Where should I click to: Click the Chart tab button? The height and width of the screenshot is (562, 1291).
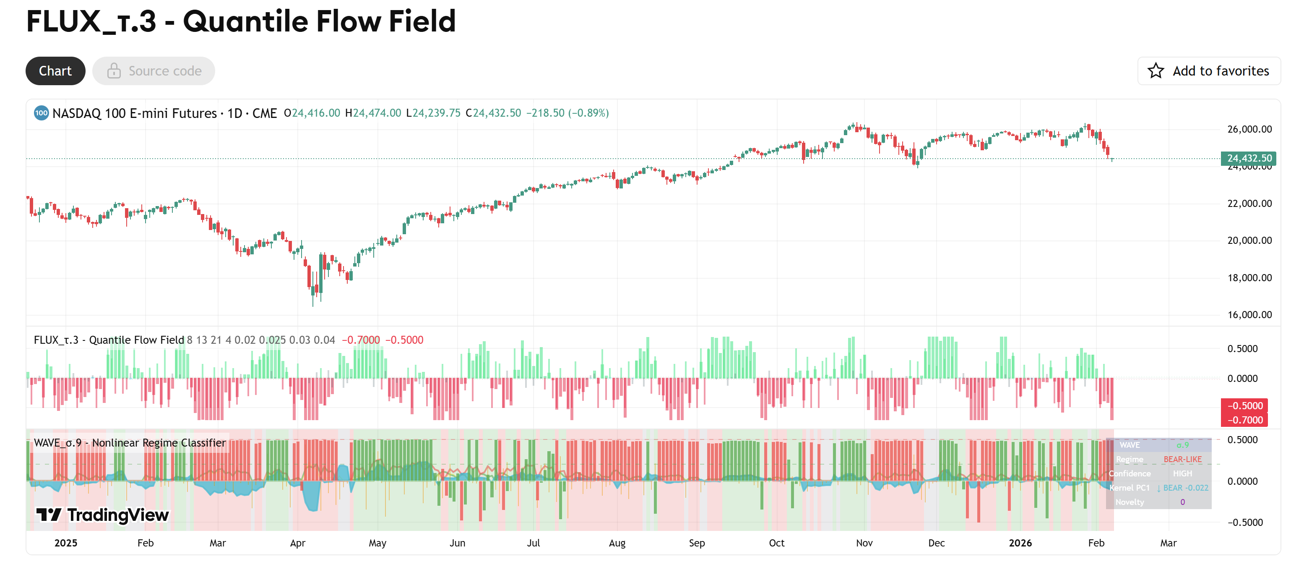pyautogui.click(x=55, y=71)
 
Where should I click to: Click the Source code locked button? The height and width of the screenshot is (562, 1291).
pyautogui.click(x=154, y=71)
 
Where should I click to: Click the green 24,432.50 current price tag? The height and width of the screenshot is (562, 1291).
pyautogui.click(x=1248, y=158)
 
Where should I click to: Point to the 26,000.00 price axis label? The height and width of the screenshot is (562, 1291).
pyautogui.click(x=1249, y=129)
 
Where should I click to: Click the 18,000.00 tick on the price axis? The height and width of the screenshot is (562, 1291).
pyautogui.click(x=1249, y=278)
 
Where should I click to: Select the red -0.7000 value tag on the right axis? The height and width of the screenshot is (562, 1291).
pyautogui.click(x=1244, y=420)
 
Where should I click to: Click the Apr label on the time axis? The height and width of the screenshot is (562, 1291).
pyautogui.click(x=297, y=543)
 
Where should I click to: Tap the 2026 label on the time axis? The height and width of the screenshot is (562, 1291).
pyautogui.click(x=1020, y=543)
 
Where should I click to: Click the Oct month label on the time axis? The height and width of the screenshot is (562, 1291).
pyautogui.click(x=776, y=543)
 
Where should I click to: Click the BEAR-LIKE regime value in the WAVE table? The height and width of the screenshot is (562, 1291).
pyautogui.click(x=1182, y=459)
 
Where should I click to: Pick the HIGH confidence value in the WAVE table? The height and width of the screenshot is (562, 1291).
pyautogui.click(x=1182, y=473)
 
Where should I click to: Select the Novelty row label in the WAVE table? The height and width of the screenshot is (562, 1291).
pyautogui.click(x=1129, y=502)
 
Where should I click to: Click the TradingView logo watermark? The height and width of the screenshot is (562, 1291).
pyautogui.click(x=103, y=515)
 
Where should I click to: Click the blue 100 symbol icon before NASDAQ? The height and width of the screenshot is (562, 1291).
pyautogui.click(x=41, y=113)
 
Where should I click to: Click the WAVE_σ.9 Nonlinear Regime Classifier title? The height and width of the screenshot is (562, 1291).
pyautogui.click(x=129, y=443)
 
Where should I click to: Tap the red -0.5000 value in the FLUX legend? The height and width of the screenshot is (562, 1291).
pyautogui.click(x=404, y=340)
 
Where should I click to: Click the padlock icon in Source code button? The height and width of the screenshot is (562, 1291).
pyautogui.click(x=114, y=71)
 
